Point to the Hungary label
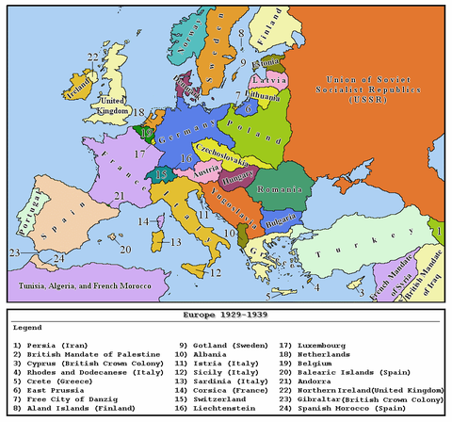coord(239,177)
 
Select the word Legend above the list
coord(29,326)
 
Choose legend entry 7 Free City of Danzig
coord(71,399)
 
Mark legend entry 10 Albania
coord(200,354)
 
